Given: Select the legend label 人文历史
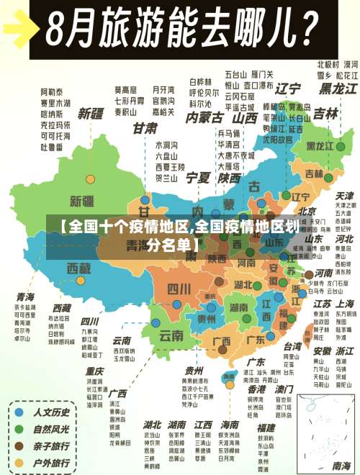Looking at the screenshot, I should (x=52, y=413).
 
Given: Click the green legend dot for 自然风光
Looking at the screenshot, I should (x=19, y=429).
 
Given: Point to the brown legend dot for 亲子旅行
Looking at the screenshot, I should (x=19, y=445).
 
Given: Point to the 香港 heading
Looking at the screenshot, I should (x=256, y=386).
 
